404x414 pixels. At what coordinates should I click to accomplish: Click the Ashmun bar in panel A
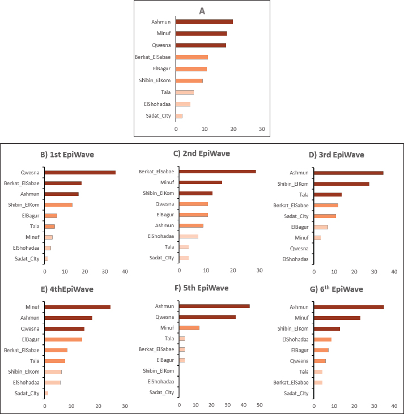click(x=204, y=22)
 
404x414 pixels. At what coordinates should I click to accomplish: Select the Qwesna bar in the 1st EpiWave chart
click(x=80, y=173)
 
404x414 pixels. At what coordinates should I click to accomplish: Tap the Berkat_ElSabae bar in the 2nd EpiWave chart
click(x=217, y=171)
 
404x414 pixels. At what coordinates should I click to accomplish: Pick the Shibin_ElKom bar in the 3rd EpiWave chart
click(x=342, y=183)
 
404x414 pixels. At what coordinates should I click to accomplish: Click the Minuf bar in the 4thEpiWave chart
click(x=78, y=307)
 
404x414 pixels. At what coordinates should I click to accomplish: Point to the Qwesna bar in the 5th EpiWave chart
click(x=207, y=317)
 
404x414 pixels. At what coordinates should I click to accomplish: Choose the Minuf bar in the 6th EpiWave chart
click(x=337, y=318)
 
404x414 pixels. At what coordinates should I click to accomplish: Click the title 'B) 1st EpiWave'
click(x=67, y=154)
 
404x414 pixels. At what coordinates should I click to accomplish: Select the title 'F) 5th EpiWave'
click(x=202, y=288)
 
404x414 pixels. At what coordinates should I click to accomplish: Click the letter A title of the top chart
click(x=202, y=10)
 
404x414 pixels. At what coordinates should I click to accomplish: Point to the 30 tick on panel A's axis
click(x=262, y=130)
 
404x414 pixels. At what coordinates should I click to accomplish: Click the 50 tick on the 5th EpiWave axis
click(x=260, y=406)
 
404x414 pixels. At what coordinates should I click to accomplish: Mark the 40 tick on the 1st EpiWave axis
click(x=125, y=271)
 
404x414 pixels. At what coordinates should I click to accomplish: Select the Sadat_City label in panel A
click(x=159, y=116)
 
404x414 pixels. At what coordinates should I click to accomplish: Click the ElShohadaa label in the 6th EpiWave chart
click(x=295, y=339)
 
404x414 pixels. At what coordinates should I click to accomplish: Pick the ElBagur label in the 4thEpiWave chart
click(x=31, y=339)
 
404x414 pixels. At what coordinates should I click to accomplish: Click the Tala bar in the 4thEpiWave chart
click(x=55, y=361)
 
